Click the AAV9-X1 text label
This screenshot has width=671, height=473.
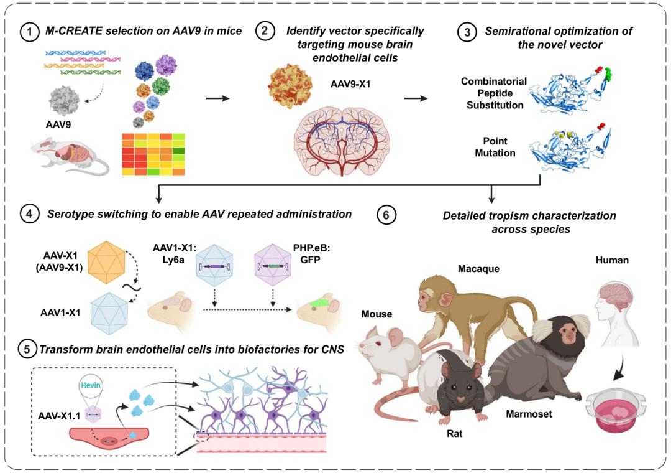tap(351, 83)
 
